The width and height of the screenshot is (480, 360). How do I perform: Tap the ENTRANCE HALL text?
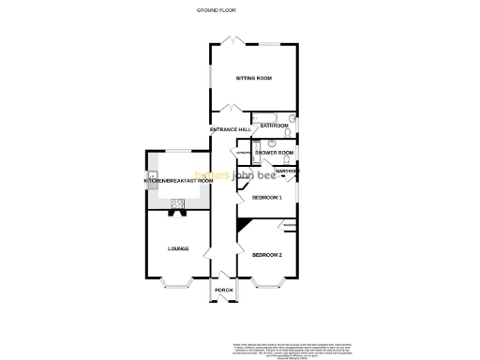click(230, 128)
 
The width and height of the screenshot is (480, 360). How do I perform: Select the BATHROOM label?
click(275, 126)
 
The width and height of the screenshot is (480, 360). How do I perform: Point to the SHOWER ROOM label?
click(276, 152)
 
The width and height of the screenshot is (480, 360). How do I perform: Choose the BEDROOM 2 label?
click(267, 254)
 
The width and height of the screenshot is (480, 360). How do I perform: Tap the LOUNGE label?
click(177, 248)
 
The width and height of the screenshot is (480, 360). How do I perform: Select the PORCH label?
click(223, 291)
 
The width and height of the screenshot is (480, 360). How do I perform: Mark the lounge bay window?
click(177, 282)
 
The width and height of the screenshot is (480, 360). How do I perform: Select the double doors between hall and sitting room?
click(231, 109)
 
